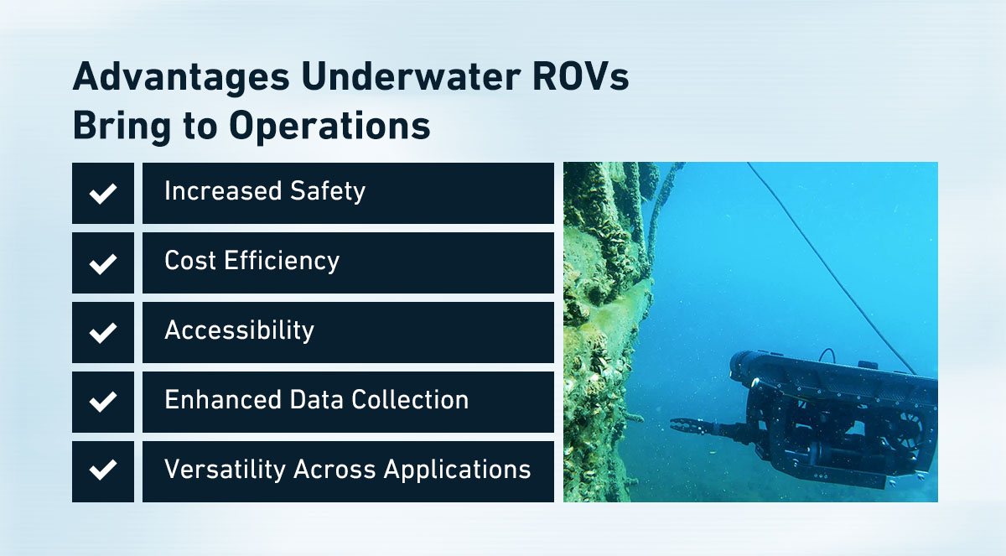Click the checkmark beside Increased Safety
[x=103, y=194]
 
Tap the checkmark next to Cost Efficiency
[x=103, y=263]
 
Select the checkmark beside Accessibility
[x=103, y=333]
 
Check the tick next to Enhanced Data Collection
[x=103, y=402]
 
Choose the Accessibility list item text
[x=239, y=330]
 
